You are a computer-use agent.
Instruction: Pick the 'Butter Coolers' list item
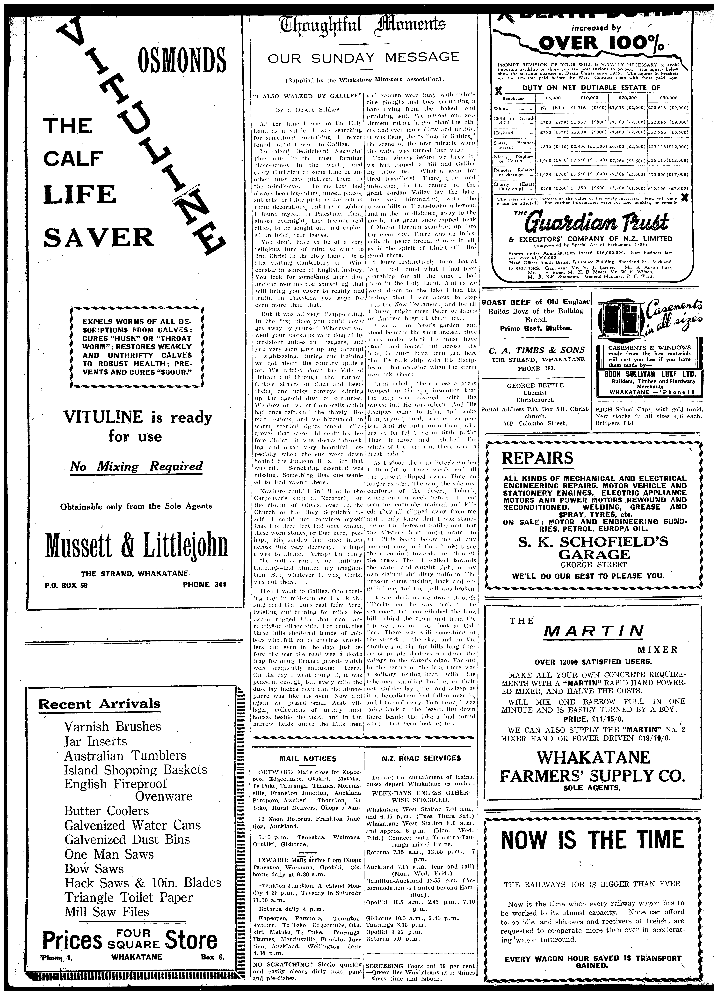(107, 811)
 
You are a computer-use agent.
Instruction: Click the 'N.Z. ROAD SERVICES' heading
(421, 758)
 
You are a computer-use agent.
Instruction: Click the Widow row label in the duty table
(501, 108)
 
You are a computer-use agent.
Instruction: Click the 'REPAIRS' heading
(537, 458)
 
